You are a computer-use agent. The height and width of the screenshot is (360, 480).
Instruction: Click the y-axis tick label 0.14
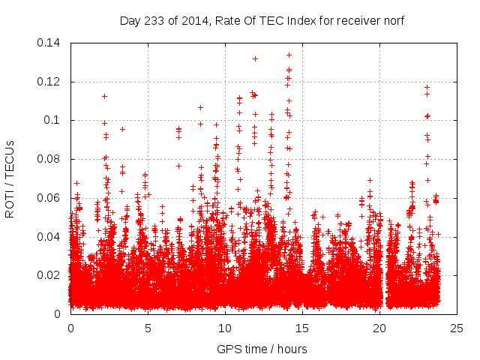click(x=50, y=43)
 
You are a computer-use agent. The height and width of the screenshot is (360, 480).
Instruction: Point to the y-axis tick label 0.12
click(x=50, y=82)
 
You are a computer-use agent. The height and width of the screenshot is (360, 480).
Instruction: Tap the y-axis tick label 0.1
click(x=53, y=120)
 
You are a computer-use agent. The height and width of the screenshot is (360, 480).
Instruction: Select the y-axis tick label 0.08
click(x=50, y=159)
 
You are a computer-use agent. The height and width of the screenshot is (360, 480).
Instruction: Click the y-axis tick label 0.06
click(x=50, y=198)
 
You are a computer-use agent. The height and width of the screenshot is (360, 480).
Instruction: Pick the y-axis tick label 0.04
click(x=50, y=237)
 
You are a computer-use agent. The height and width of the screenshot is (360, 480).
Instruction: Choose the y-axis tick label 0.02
click(x=50, y=275)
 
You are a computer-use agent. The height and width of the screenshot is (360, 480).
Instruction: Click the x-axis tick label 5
click(x=148, y=328)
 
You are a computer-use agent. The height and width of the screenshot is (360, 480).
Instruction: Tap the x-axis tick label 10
click(x=225, y=328)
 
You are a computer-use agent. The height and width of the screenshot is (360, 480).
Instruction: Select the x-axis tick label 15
click(x=302, y=328)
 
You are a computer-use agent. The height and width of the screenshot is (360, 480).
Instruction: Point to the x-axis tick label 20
click(x=379, y=328)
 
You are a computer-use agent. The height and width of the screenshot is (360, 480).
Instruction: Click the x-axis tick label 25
click(x=457, y=328)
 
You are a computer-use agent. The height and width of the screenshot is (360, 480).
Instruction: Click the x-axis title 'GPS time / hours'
click(x=262, y=349)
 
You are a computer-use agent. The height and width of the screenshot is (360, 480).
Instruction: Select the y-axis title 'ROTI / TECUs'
click(x=11, y=178)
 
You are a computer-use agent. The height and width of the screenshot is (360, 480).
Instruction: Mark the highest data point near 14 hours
click(x=289, y=55)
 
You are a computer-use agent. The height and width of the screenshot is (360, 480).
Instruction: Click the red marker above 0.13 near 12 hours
click(x=255, y=58)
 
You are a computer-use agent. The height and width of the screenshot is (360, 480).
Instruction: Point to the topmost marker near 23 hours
click(x=427, y=87)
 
